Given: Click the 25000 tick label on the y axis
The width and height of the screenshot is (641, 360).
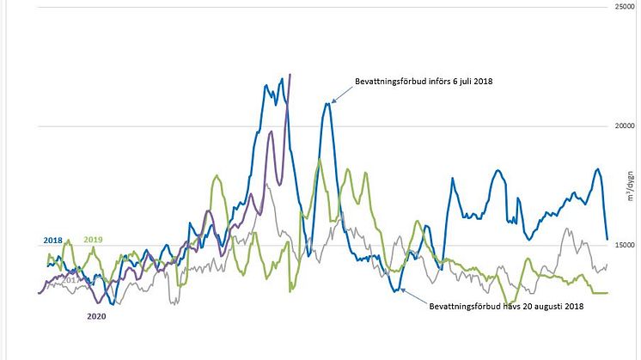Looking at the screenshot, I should click(622, 7).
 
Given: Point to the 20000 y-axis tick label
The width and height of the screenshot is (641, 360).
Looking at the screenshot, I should click(622, 125).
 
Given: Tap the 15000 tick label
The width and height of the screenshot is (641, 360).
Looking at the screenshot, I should click(622, 245).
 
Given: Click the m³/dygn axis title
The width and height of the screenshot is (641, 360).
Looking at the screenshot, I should click(630, 187).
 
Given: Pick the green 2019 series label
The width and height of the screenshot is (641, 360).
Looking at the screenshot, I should click(93, 240).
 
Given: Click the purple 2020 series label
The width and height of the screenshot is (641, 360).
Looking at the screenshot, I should click(97, 315).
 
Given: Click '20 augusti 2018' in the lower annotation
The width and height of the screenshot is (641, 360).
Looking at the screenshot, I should click(550, 307).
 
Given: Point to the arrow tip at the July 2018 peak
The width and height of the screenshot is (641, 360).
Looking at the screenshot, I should click(332, 102).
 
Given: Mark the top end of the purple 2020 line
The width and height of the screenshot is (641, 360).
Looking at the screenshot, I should click(290, 75).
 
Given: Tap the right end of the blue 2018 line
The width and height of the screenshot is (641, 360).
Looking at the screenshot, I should click(607, 239).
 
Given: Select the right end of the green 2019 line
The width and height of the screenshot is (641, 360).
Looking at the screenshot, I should click(607, 292).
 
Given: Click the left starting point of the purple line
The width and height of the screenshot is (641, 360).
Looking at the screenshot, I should click(40, 293).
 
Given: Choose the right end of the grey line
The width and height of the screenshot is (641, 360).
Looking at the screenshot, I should click(607, 265).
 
